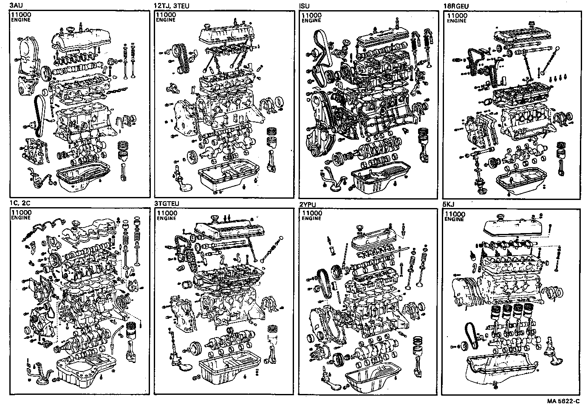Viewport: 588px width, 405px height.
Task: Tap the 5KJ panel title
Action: click(449, 204)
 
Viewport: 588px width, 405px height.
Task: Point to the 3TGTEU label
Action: click(167, 204)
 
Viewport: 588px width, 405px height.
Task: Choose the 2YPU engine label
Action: click(308, 204)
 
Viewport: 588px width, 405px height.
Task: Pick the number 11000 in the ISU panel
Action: click(311, 15)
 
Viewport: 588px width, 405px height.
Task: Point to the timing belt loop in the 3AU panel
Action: click(39, 115)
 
